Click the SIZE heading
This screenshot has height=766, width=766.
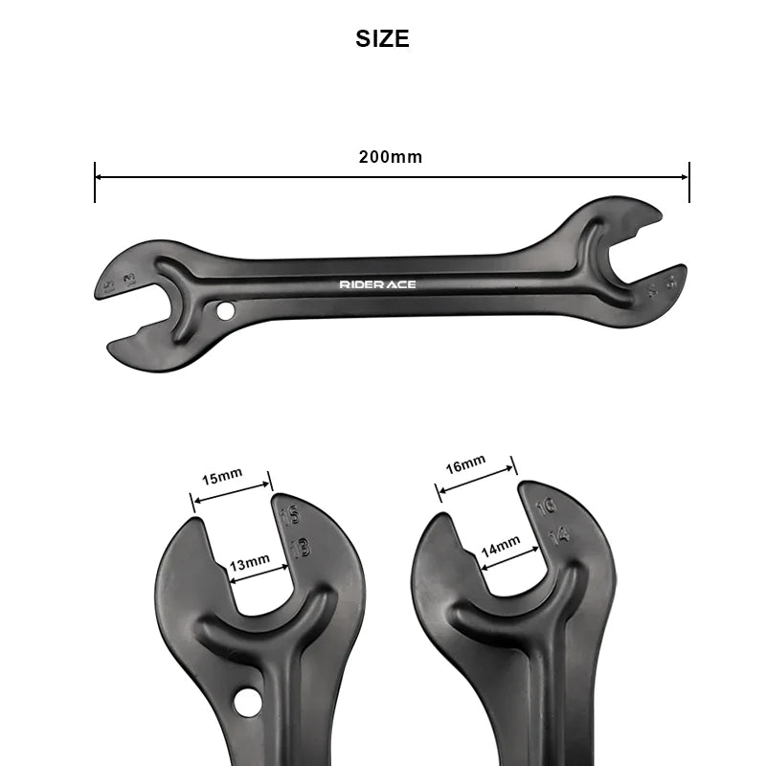(x=382, y=39)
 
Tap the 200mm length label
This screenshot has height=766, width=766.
(x=391, y=157)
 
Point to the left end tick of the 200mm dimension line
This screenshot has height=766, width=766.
(x=95, y=182)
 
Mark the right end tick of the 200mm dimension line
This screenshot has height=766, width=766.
(x=688, y=182)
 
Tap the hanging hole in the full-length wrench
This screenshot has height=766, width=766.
(x=225, y=311)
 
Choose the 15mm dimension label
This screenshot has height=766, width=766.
(x=221, y=476)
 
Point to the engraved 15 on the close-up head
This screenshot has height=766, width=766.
(x=288, y=517)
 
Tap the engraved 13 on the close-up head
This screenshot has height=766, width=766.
(x=298, y=548)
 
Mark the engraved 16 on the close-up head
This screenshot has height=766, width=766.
(x=548, y=507)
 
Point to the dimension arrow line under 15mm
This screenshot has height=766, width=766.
(x=233, y=494)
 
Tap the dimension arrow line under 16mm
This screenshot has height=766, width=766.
(x=477, y=481)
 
